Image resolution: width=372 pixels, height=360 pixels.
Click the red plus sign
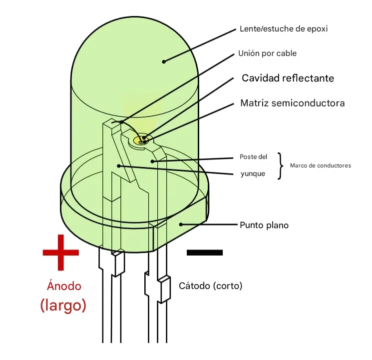click(x=60, y=252)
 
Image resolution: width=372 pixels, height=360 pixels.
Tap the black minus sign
click(x=205, y=252)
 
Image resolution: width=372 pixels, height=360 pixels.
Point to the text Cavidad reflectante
click(x=288, y=78)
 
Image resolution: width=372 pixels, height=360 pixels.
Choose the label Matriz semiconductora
click(x=292, y=103)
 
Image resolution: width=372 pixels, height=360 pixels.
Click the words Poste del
click(x=253, y=156)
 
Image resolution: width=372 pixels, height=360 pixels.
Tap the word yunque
click(x=253, y=174)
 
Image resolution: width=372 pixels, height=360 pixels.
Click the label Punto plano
click(x=264, y=225)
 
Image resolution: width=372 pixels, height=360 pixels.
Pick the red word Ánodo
click(x=64, y=286)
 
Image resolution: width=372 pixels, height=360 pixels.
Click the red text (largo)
click(x=63, y=305)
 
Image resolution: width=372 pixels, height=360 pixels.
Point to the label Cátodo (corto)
click(x=210, y=286)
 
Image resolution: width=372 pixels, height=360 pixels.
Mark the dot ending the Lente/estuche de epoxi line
click(x=164, y=61)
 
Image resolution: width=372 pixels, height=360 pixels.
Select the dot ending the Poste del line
click(x=153, y=161)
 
